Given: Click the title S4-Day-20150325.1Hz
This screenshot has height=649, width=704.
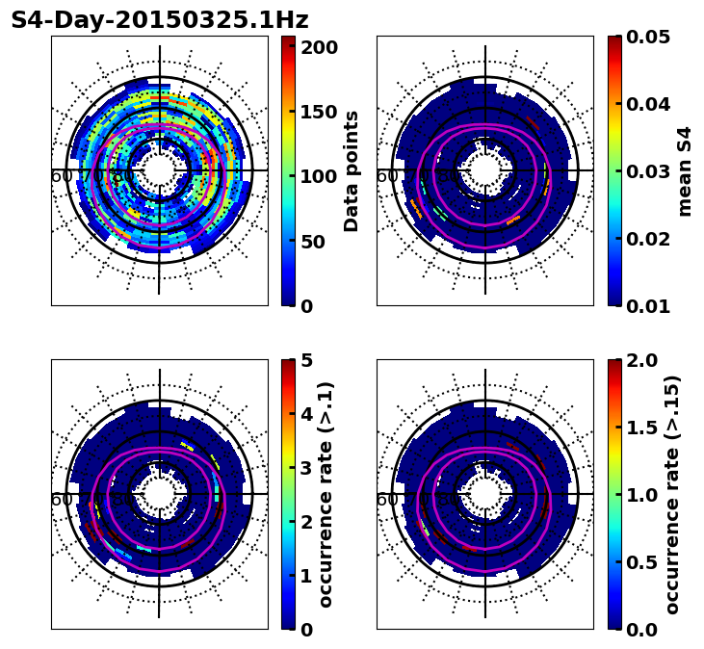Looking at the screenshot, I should tap(160, 20).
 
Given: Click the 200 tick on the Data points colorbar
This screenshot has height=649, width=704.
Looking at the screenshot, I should tap(319, 47).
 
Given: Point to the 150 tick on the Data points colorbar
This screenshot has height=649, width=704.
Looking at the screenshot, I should tap(319, 112).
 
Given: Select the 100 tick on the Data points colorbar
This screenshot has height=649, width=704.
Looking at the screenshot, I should tap(319, 176).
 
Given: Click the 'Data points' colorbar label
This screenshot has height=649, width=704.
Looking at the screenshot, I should tap(352, 171).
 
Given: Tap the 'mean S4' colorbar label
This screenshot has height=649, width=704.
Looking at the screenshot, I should tap(685, 171).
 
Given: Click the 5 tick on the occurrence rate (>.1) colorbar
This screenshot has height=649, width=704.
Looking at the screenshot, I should tap(306, 360).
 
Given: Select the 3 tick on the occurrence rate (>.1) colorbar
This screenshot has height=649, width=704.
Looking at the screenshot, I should tap(306, 468).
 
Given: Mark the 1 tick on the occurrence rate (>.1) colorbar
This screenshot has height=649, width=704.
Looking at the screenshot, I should tap(306, 576).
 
